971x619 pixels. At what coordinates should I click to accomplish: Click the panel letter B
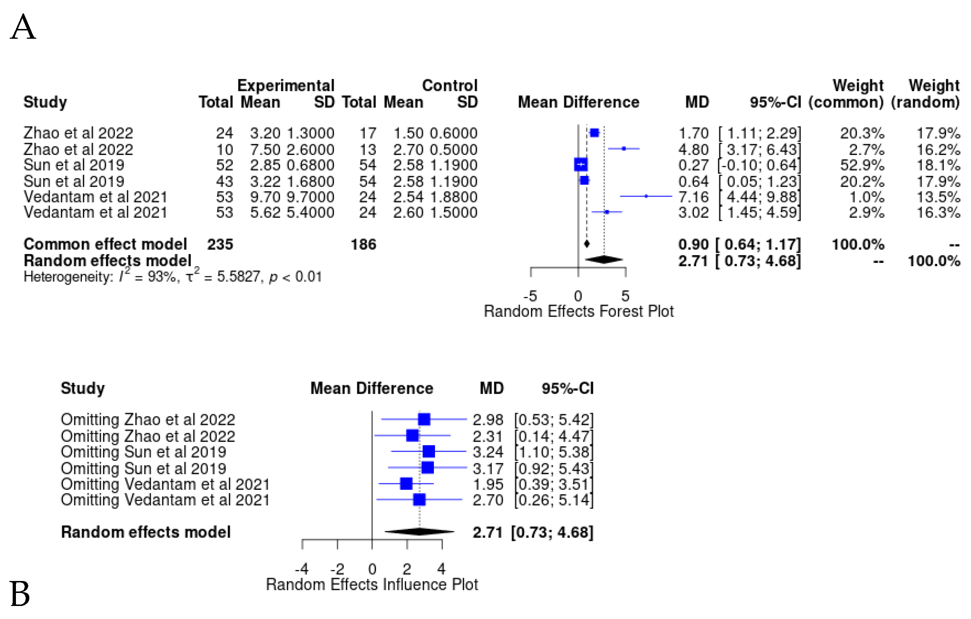(20, 594)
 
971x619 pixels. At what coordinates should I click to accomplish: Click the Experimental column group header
(285, 85)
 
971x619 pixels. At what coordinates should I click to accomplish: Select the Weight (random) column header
(925, 94)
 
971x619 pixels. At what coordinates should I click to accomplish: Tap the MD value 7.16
(693, 197)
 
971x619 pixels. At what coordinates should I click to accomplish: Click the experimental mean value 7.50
(265, 150)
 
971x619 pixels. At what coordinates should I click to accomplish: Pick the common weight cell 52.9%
(862, 165)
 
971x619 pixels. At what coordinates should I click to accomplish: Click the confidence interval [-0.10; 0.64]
(759, 165)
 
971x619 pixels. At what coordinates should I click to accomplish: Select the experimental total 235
(220, 244)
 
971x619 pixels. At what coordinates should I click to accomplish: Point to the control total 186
(363, 244)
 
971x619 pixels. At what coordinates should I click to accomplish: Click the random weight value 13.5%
(938, 197)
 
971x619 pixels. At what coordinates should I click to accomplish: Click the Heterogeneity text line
(173, 277)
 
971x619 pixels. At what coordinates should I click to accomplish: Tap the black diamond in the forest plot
(604, 260)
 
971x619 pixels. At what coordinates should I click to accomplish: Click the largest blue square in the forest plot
(581, 164)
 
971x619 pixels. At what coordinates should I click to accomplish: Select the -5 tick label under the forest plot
(530, 296)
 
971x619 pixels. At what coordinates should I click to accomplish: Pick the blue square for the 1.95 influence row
(406, 484)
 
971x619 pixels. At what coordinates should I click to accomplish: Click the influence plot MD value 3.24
(488, 452)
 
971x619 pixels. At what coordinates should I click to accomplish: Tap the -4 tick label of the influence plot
(302, 569)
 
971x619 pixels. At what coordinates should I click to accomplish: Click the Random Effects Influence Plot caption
(372, 584)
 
